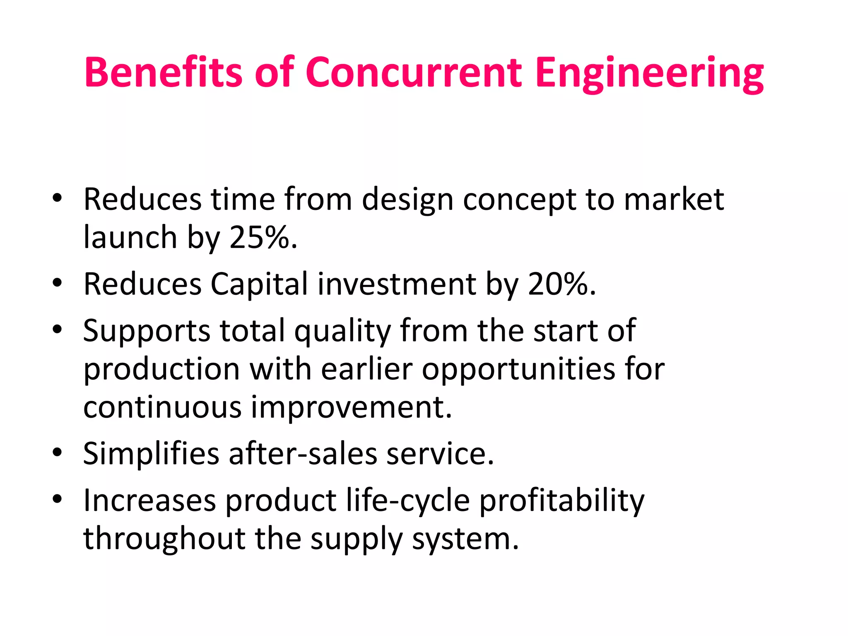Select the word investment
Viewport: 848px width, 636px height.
tap(397, 284)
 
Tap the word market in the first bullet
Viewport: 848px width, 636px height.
tap(674, 199)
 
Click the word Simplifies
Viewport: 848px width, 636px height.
tap(151, 454)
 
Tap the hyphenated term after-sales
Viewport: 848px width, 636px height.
tap(303, 454)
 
